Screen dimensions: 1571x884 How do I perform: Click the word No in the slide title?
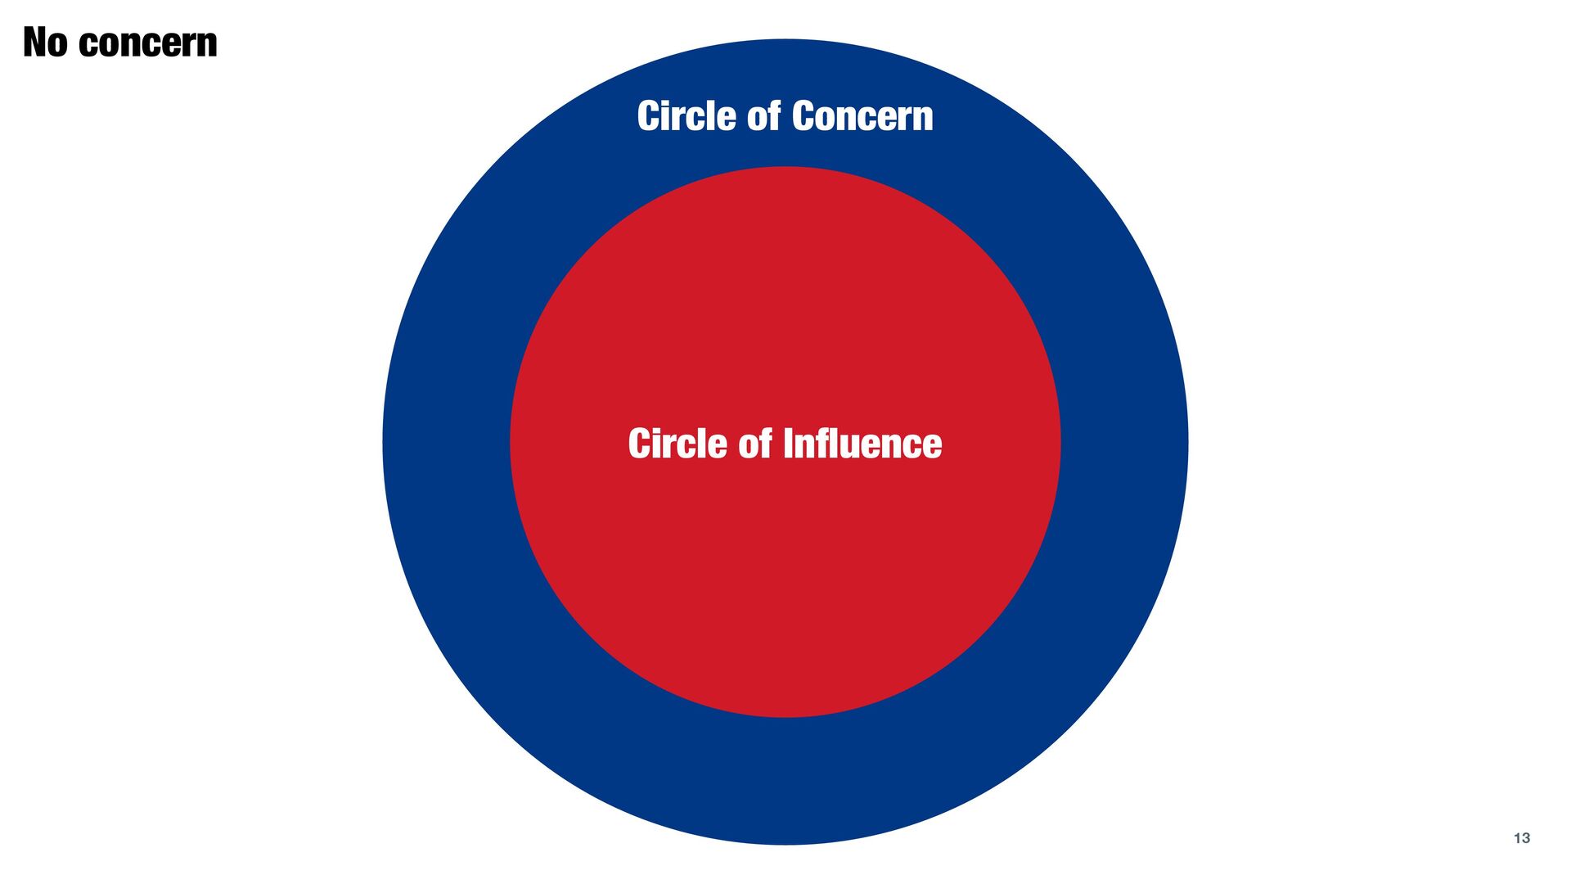click(45, 43)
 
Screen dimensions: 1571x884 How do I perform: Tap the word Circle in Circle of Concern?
click(686, 115)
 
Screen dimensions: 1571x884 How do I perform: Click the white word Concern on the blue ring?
click(862, 117)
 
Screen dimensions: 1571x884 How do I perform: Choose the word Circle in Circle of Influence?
click(677, 443)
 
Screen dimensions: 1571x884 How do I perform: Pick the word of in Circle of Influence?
click(755, 443)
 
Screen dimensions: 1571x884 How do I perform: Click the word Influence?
click(862, 443)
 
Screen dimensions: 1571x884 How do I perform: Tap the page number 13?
click(1522, 838)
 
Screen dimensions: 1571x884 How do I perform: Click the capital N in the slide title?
click(34, 43)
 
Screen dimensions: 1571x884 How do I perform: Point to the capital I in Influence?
click(788, 443)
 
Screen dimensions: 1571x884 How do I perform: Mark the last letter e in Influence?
click(932, 448)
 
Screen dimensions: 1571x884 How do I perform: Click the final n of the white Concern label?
click(923, 120)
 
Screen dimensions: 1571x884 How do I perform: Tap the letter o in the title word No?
click(57, 46)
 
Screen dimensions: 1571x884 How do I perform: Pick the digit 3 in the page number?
click(1526, 838)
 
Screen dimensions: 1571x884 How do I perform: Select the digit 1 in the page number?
click(1517, 838)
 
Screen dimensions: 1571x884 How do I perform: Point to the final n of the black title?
click(208, 46)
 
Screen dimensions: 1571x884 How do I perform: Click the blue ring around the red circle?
click(446, 442)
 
